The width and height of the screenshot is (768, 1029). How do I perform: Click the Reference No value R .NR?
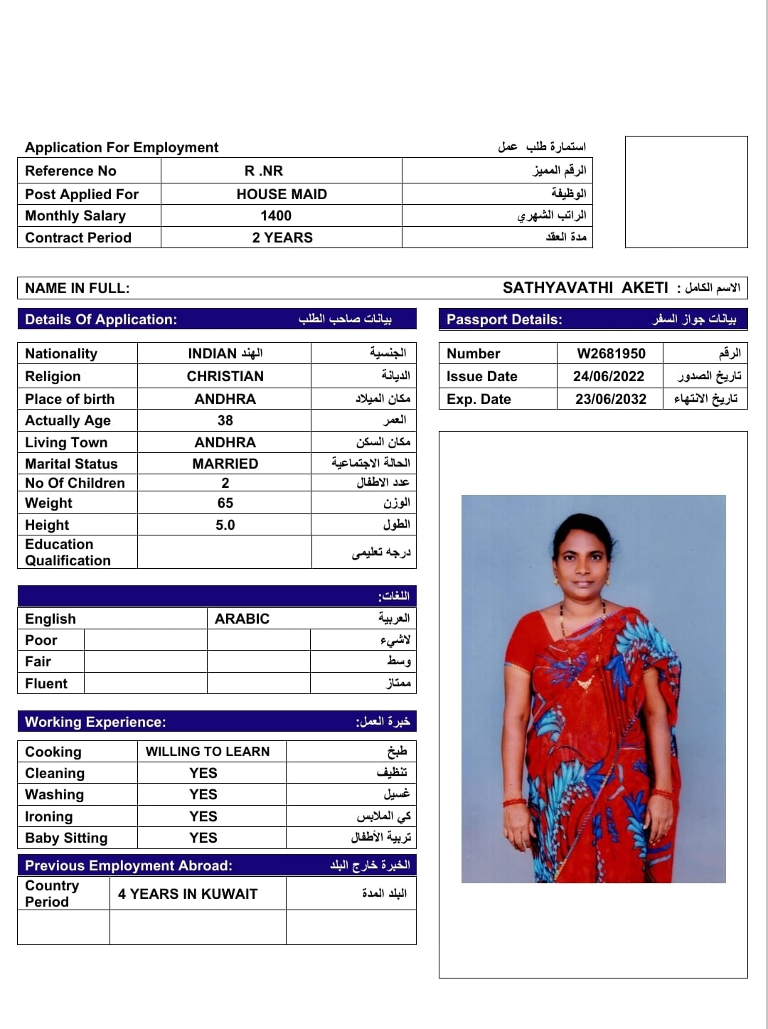click(264, 171)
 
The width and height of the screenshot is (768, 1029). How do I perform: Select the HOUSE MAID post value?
click(282, 194)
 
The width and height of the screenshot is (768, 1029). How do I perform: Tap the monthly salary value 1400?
click(276, 215)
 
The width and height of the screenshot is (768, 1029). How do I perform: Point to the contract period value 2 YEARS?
click(282, 238)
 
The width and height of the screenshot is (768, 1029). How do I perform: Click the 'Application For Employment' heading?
click(122, 147)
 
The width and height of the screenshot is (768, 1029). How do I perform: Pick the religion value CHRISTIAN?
click(225, 376)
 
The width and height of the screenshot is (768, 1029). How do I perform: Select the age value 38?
click(225, 420)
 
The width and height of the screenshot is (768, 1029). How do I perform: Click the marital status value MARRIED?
click(225, 464)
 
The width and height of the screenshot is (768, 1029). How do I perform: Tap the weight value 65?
click(225, 503)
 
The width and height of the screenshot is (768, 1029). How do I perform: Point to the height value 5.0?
click(225, 525)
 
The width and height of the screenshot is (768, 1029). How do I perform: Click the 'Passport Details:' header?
click(504, 319)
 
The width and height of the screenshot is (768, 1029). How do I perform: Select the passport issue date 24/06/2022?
click(609, 376)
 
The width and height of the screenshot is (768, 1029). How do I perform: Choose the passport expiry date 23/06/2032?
click(611, 399)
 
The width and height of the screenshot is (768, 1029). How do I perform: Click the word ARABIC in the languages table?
click(242, 619)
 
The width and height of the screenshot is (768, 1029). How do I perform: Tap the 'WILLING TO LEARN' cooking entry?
click(208, 752)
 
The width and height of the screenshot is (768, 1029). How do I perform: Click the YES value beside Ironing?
click(203, 816)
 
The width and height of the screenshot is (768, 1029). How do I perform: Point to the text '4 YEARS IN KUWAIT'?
click(188, 894)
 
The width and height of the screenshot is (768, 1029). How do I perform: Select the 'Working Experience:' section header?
click(95, 722)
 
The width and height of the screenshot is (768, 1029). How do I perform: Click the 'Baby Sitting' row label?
click(66, 838)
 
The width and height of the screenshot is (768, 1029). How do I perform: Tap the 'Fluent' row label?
click(46, 683)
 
